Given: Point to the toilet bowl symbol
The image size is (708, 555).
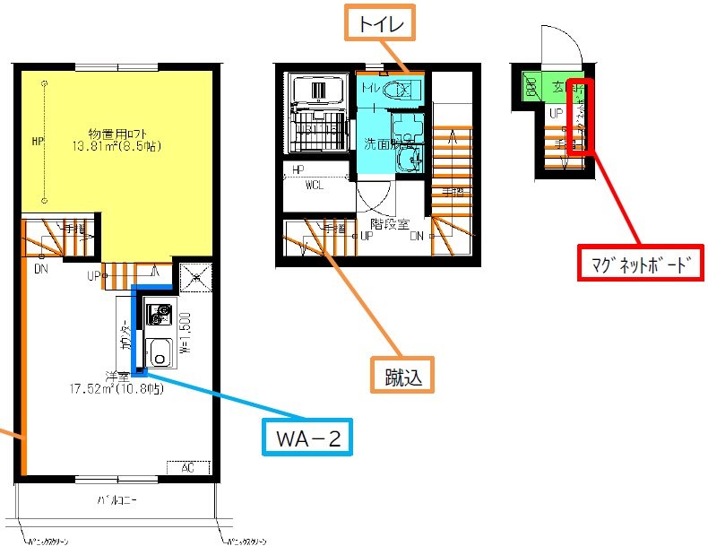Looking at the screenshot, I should [400, 89].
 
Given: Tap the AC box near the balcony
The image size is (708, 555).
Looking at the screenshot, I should [188, 468].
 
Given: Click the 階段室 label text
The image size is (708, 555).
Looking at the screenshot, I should [390, 227].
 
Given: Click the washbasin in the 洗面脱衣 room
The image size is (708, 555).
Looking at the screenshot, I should [410, 159].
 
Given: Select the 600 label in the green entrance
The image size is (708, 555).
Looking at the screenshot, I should [531, 87].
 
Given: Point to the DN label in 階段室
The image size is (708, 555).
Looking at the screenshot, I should [418, 238].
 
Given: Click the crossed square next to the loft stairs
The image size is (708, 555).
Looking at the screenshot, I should [196, 279].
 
